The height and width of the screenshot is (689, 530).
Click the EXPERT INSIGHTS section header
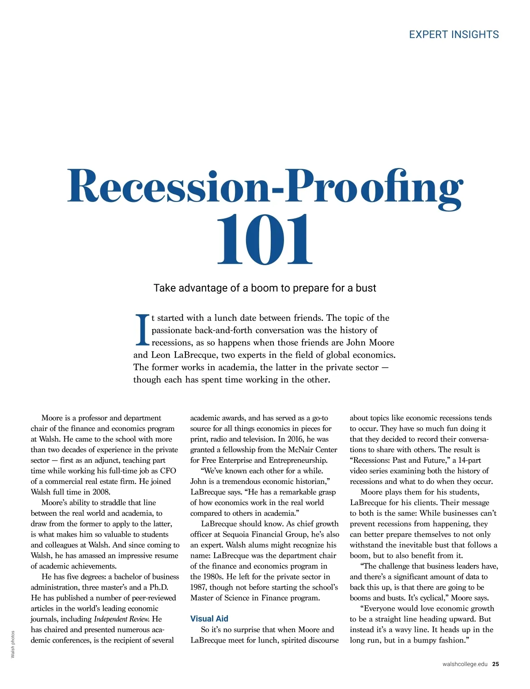454,34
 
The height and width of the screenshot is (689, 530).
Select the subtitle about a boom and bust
265,288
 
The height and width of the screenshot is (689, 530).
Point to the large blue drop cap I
142,330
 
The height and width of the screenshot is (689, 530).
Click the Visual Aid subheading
209,619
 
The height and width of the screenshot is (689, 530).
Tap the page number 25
496,664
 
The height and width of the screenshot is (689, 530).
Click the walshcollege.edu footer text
465,664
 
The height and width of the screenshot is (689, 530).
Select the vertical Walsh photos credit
13,644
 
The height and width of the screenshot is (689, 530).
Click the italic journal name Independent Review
122,619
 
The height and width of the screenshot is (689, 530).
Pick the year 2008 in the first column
101,492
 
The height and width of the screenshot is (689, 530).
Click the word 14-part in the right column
469,460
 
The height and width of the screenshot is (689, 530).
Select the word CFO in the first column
168,471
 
